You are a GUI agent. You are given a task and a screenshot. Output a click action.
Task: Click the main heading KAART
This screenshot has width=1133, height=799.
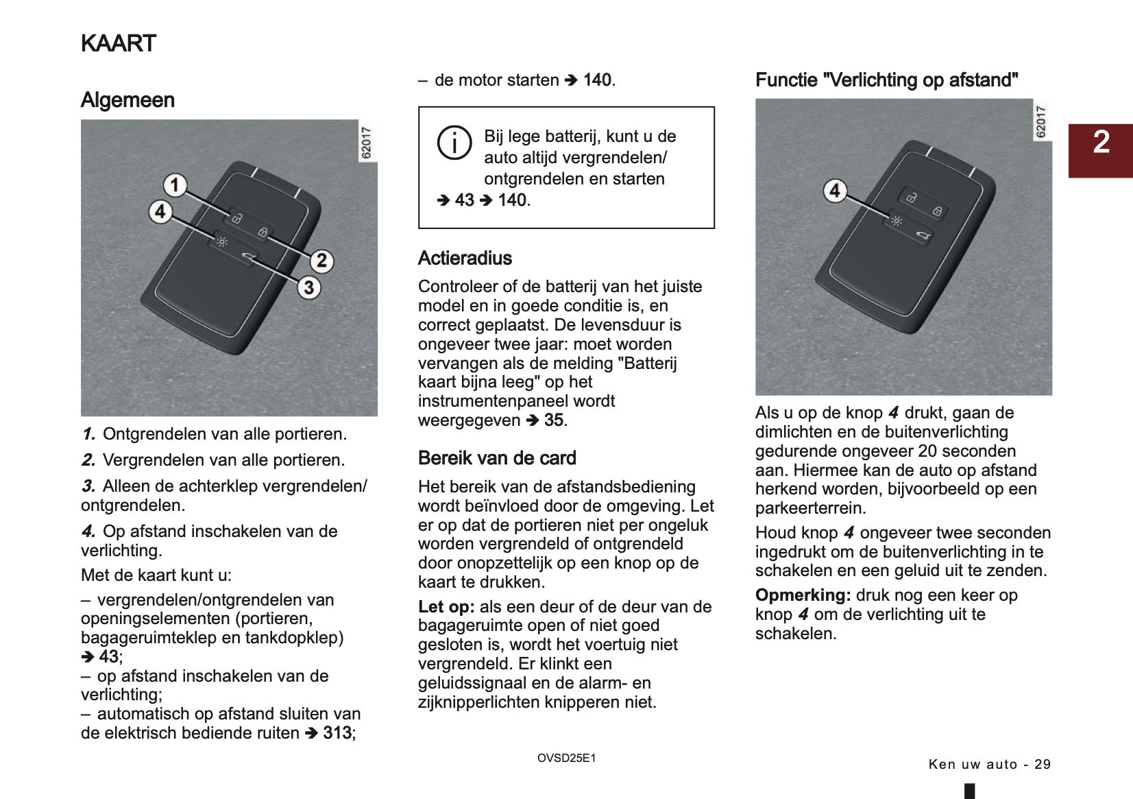pyautogui.click(x=119, y=43)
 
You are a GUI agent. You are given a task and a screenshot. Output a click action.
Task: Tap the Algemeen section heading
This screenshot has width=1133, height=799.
pyautogui.click(x=127, y=100)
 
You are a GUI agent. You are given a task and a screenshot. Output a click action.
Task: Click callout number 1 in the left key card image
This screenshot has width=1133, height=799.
pyautogui.click(x=175, y=184)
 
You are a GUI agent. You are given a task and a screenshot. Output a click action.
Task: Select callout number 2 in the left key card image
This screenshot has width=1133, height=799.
pyautogui.click(x=321, y=261)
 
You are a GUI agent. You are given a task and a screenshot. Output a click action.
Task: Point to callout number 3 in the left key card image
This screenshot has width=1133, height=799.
pyautogui.click(x=308, y=287)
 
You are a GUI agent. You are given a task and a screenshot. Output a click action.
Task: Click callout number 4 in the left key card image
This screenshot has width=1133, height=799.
pyautogui.click(x=160, y=211)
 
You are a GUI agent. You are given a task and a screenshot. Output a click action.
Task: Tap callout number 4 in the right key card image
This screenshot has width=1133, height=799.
pyautogui.click(x=834, y=190)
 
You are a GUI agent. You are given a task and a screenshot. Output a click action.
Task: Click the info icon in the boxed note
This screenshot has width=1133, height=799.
pyautogui.click(x=454, y=143)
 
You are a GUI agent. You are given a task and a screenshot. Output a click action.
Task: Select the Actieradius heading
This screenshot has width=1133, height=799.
pyautogui.click(x=465, y=259)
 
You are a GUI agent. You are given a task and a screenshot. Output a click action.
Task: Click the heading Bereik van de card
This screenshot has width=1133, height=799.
pyautogui.click(x=497, y=458)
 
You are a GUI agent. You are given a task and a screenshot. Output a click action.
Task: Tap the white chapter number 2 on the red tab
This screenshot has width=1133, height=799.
pyautogui.click(x=1101, y=142)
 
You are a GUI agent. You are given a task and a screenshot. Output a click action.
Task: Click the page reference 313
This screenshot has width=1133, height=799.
pyautogui.click(x=337, y=733)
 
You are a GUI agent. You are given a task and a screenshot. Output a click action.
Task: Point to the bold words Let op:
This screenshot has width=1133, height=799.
pyautogui.click(x=446, y=607)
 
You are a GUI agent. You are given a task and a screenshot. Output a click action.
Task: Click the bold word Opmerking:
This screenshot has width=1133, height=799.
pyautogui.click(x=803, y=595)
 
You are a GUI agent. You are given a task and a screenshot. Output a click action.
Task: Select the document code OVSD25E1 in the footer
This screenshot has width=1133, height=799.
pyautogui.click(x=566, y=759)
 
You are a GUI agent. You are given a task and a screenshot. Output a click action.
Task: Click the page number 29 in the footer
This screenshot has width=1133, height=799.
pyautogui.click(x=1042, y=765)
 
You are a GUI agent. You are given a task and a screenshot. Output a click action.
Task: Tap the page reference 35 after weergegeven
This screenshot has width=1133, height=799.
pyautogui.click(x=555, y=420)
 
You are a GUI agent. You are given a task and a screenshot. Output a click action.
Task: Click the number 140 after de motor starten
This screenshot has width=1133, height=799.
pyautogui.click(x=597, y=80)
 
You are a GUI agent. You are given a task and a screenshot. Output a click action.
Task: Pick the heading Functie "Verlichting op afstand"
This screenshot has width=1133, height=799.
pyautogui.click(x=886, y=80)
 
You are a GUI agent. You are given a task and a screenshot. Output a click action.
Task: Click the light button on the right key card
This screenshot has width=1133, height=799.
pyautogui.click(x=896, y=221)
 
